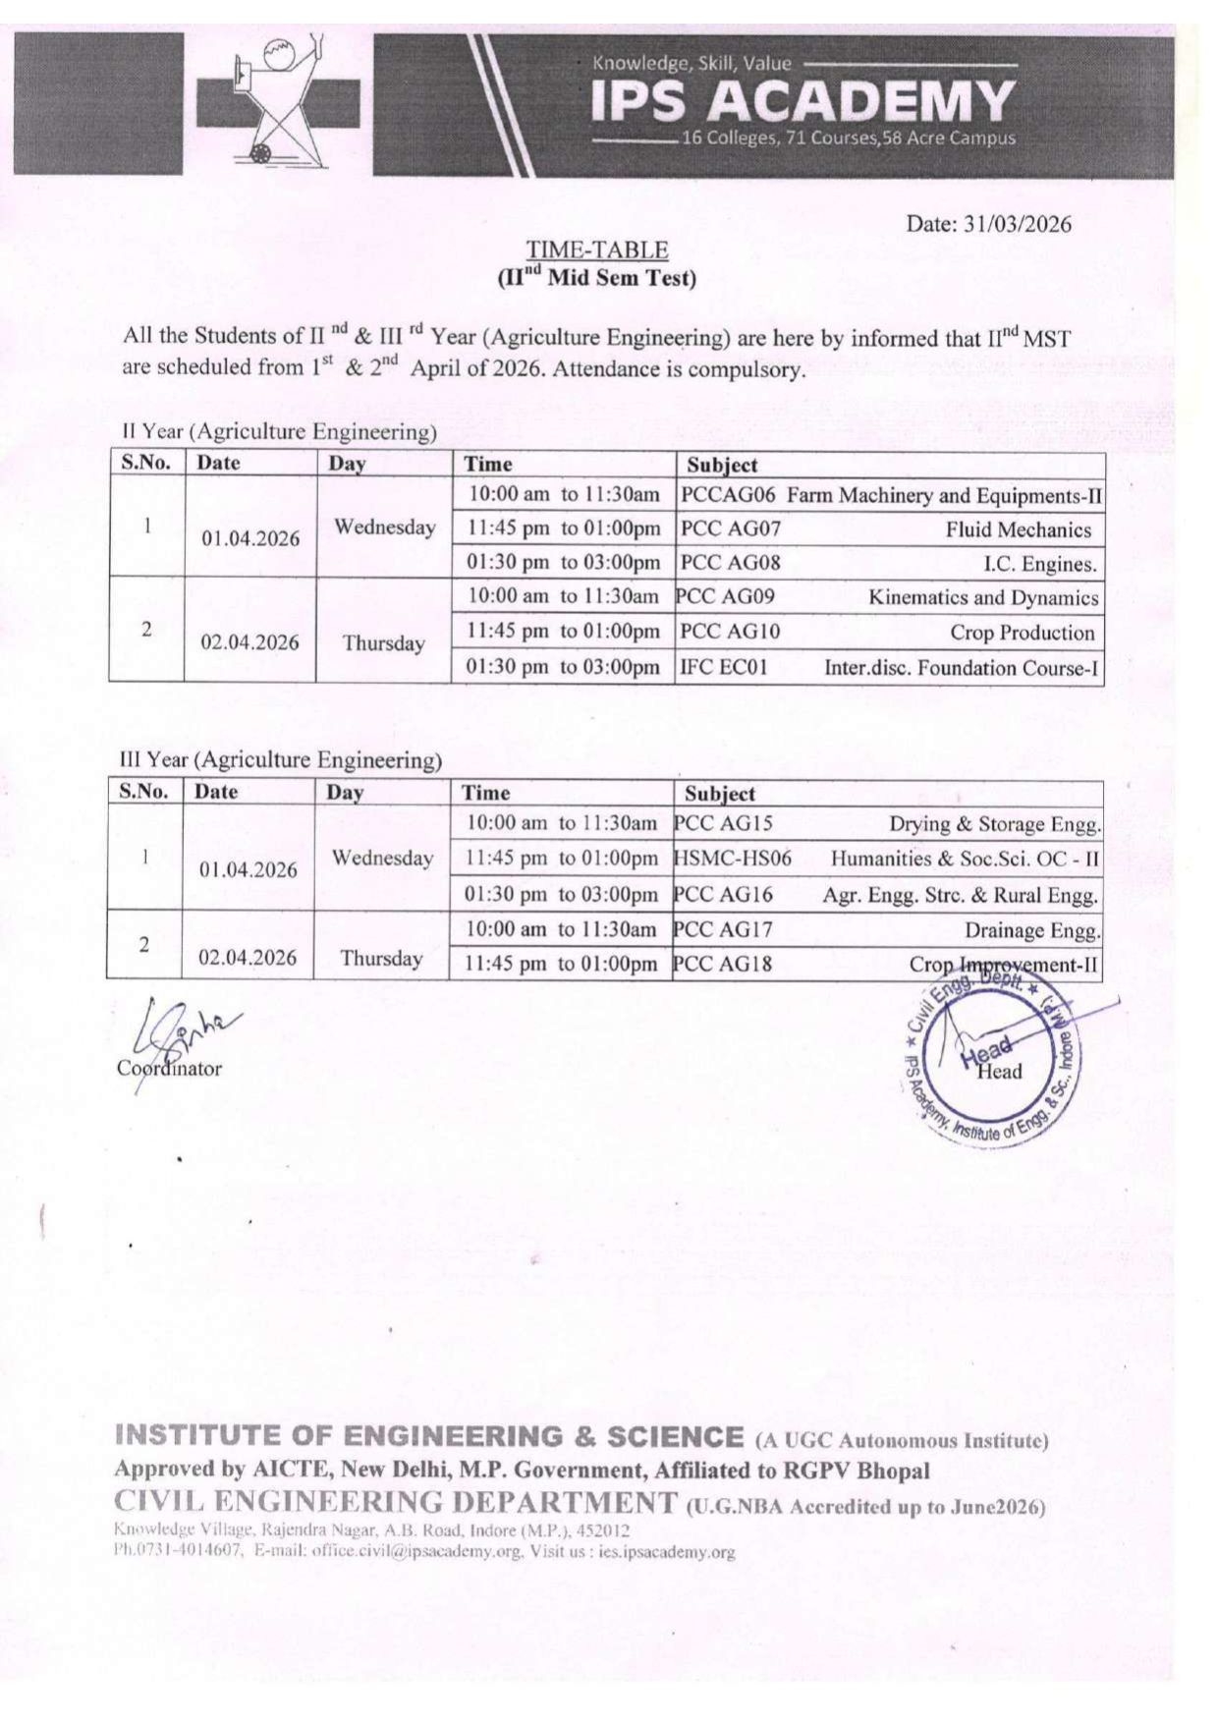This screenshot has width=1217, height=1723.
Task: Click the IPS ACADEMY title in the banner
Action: coord(802,100)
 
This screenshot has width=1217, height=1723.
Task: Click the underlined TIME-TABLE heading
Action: coord(596,250)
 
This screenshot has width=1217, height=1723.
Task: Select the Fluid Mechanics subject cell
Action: coord(1018,529)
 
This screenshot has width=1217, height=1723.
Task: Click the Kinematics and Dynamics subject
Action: coord(983,597)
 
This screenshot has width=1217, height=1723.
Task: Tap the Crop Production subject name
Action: coord(1022,633)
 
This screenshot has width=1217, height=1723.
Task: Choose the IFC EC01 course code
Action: coord(724,668)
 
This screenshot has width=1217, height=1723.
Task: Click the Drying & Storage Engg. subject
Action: coord(994,824)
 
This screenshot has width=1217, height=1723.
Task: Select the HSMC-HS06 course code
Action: coord(733,859)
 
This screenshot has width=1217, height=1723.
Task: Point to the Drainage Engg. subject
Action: coord(1031,930)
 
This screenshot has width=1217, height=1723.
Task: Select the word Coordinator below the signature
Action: coord(169,1069)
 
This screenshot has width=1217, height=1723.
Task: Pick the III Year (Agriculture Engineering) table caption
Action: coord(280,759)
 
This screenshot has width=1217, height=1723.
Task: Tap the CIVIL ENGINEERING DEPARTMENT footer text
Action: coord(395,1502)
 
